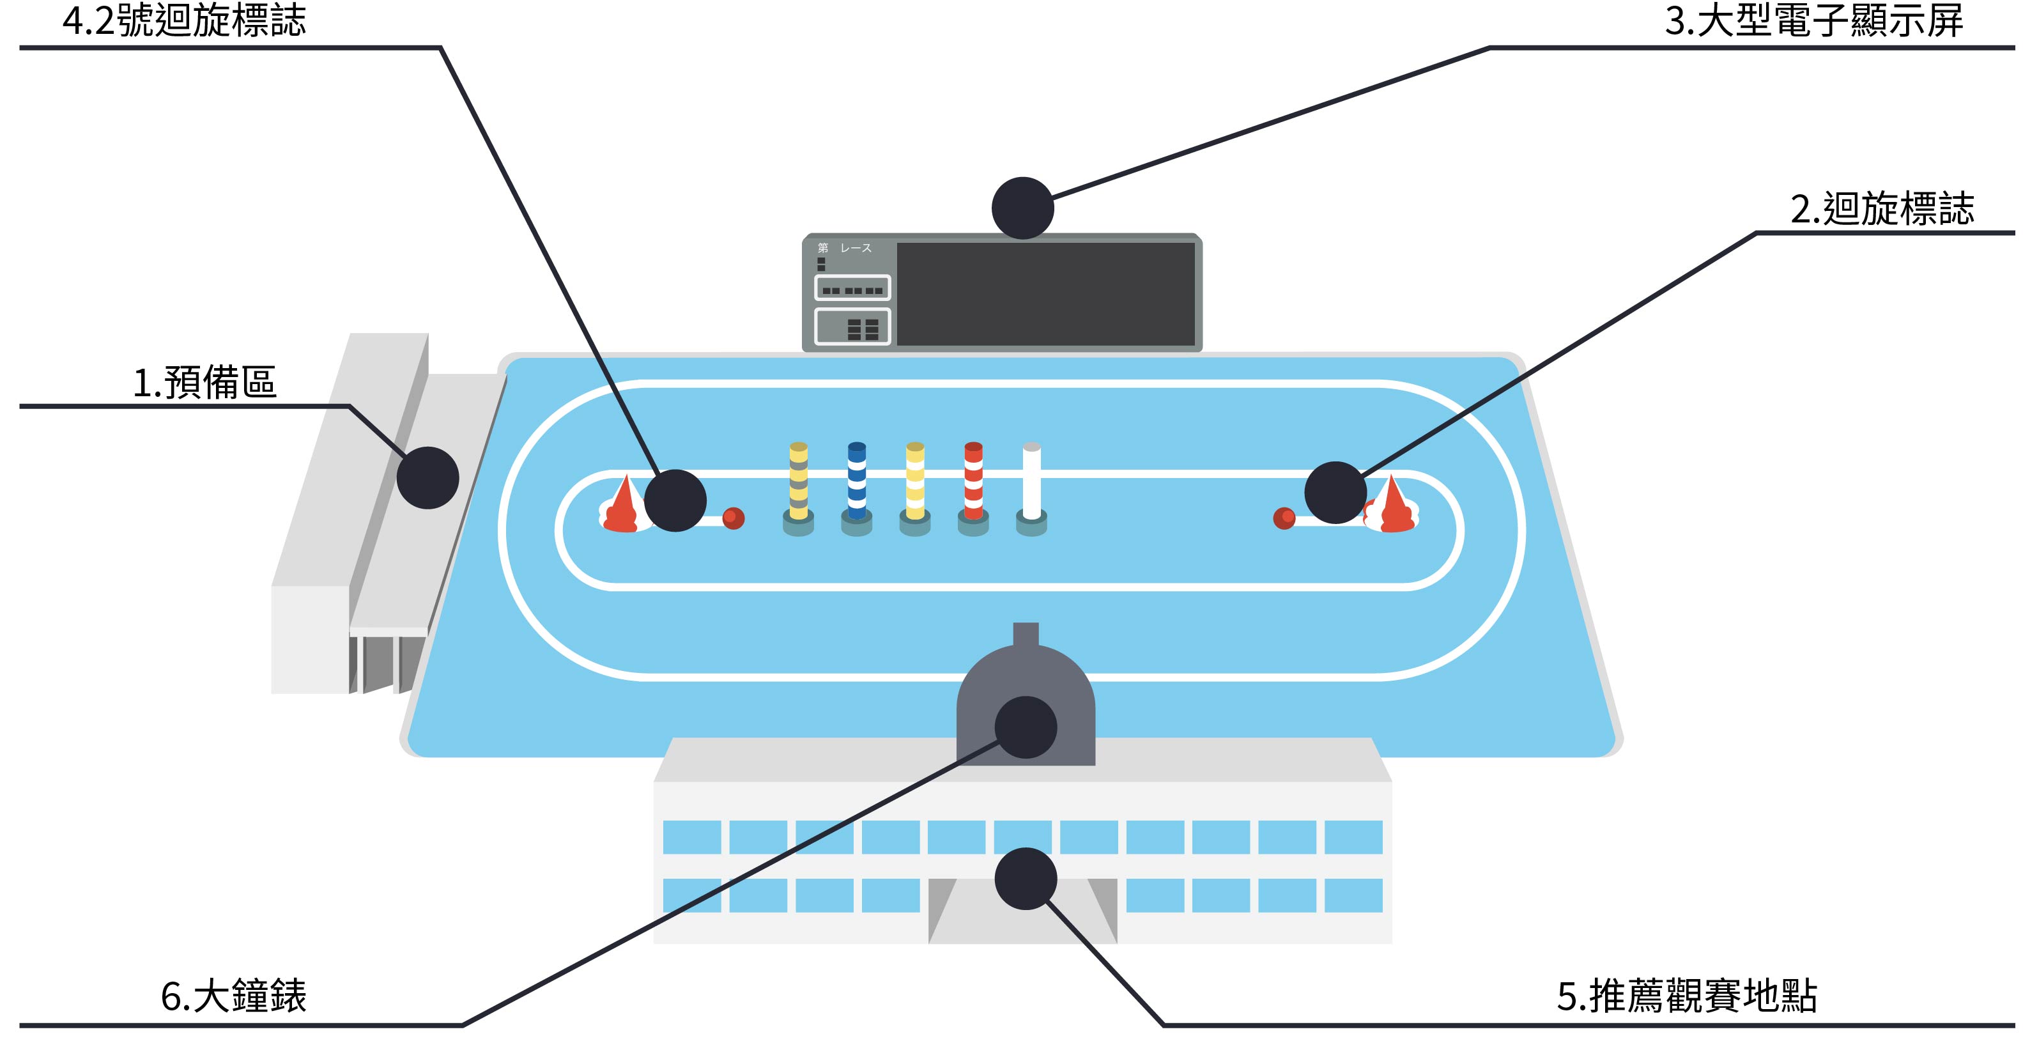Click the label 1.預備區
point(205,383)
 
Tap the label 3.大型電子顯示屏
point(1813,20)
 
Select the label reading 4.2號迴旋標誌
point(185,20)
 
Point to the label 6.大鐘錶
point(233,996)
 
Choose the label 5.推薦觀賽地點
point(1687,996)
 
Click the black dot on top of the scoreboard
point(1022,208)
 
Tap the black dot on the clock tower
point(1026,727)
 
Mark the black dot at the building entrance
point(1026,879)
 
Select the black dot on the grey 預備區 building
point(427,477)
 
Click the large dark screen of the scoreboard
point(1045,294)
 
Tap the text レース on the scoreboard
point(856,248)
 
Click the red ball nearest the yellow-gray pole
point(733,518)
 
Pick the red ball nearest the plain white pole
point(1284,518)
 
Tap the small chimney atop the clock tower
point(1026,634)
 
